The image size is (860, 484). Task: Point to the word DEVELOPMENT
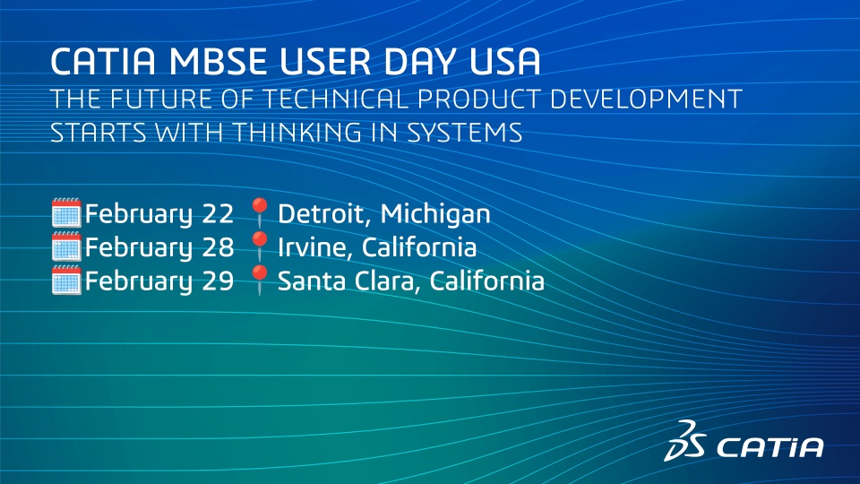(x=646, y=99)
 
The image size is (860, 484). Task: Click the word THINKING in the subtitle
(x=298, y=133)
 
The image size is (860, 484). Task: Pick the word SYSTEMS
(x=465, y=133)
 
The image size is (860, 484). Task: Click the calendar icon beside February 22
(x=66, y=213)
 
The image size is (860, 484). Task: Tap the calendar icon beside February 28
(x=66, y=246)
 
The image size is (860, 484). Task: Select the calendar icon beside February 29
(x=66, y=280)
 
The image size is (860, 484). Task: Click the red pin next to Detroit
(x=260, y=212)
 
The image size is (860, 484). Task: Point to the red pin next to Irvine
(x=260, y=246)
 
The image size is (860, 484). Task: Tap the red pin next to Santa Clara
(x=260, y=280)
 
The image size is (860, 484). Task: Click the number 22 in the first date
(x=218, y=213)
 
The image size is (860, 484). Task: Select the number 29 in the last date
(x=218, y=281)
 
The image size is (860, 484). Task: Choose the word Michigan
(x=435, y=214)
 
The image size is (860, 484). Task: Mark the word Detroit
(x=326, y=213)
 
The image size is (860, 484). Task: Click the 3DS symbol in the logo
(x=684, y=441)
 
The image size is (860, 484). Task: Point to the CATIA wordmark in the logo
(x=770, y=447)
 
